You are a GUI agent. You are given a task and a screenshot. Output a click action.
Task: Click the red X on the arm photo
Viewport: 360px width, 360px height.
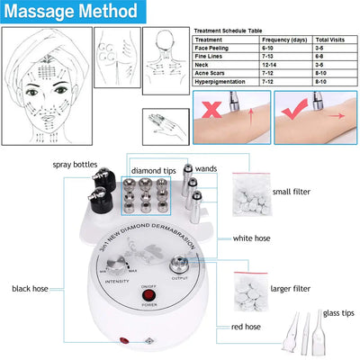click(212, 110)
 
